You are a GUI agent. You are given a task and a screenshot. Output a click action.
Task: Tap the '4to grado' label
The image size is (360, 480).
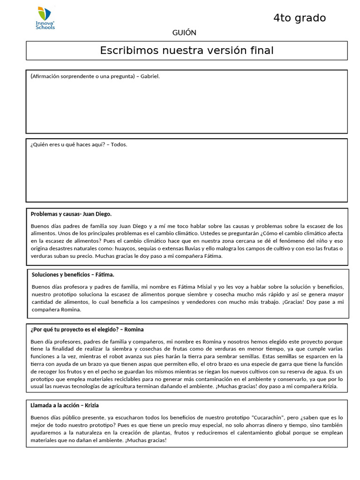[x=300, y=18]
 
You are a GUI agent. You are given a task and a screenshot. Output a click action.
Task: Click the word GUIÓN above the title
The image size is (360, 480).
[x=184, y=33]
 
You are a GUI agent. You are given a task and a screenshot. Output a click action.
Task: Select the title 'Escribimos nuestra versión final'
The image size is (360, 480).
[x=187, y=51]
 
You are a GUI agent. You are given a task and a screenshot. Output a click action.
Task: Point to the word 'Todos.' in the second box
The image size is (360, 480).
[x=119, y=144]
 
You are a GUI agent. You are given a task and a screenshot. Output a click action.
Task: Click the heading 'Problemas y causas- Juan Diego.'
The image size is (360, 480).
[x=71, y=214]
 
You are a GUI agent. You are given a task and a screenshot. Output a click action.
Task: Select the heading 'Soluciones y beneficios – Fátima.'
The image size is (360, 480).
[x=73, y=275]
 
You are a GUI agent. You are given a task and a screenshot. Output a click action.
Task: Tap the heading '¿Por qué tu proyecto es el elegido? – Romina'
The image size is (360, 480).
[x=87, y=330]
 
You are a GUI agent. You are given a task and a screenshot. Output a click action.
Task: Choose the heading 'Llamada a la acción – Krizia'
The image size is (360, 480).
[x=65, y=405]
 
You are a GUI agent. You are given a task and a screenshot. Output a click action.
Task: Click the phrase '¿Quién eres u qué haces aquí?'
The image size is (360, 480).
[x=68, y=144]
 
